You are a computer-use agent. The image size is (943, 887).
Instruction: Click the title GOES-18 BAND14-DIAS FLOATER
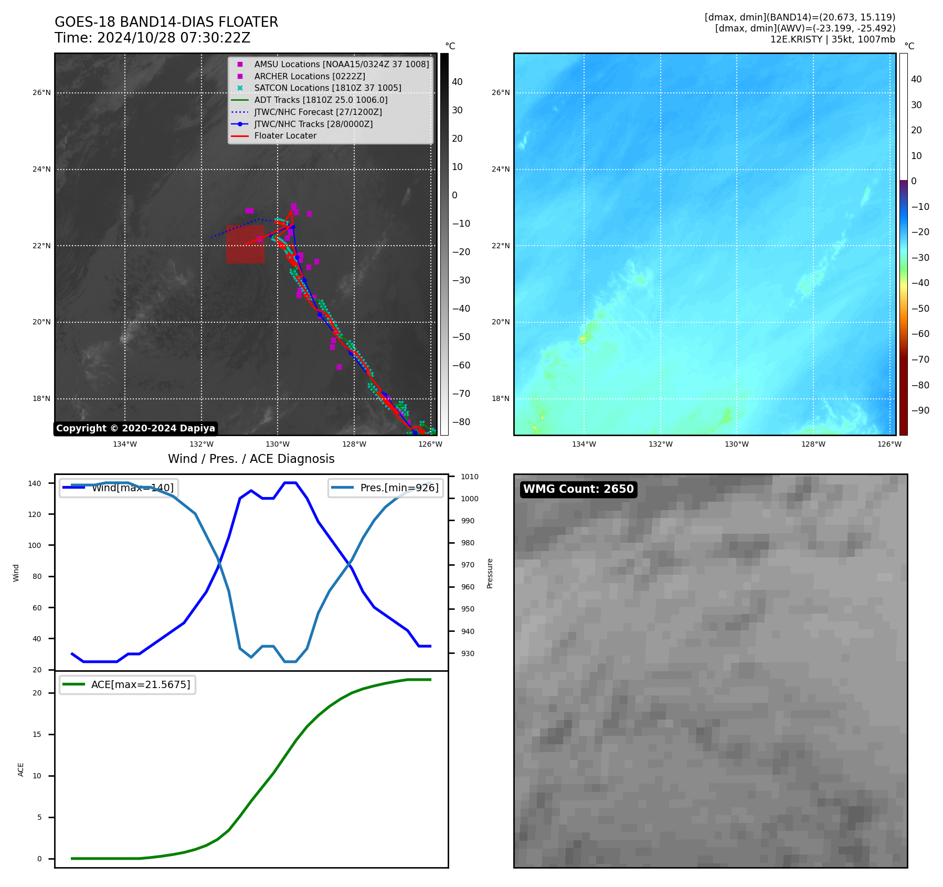pyautogui.click(x=166, y=22)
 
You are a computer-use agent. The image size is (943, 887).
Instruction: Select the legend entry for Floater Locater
pyautogui.click(x=285, y=136)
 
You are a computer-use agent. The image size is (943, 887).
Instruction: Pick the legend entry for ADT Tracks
pyautogui.click(x=321, y=100)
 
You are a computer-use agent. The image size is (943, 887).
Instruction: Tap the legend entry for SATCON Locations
pyautogui.click(x=327, y=88)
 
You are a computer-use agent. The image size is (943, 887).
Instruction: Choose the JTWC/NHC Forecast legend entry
pyautogui.click(x=318, y=112)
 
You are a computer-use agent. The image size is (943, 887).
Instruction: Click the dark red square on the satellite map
pyautogui.click(x=245, y=244)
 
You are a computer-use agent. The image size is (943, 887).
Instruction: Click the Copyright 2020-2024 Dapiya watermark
pyautogui.click(x=135, y=428)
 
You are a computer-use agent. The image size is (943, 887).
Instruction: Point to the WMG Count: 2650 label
pyautogui.click(x=578, y=489)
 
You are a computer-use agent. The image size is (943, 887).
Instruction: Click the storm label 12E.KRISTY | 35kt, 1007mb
pyautogui.click(x=832, y=39)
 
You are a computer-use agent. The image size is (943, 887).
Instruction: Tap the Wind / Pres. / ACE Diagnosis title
pyautogui.click(x=251, y=459)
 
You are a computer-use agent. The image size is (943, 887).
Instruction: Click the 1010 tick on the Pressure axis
pyautogui.click(x=470, y=477)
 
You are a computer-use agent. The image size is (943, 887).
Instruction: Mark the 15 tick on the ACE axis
pyautogui.click(x=37, y=734)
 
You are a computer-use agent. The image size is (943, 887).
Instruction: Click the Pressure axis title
pyautogui.click(x=490, y=573)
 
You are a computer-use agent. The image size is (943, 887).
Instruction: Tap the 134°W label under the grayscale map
pyautogui.click(x=125, y=444)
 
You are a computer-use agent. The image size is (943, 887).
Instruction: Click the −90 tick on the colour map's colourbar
pyautogui.click(x=920, y=410)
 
